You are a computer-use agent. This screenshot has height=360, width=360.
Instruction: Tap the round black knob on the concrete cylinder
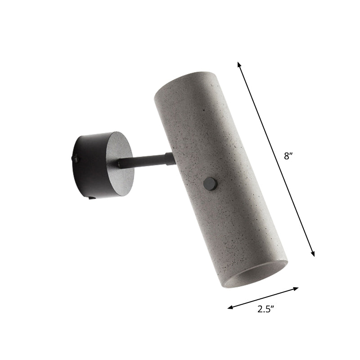[x=209, y=183]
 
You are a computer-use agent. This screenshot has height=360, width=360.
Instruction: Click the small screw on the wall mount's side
[x=76, y=158]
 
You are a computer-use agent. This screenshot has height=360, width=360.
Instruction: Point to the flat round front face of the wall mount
[x=118, y=165]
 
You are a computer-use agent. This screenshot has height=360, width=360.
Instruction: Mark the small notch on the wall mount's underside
[x=92, y=196]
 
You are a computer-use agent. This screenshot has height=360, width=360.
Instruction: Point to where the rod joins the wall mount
[x=120, y=165]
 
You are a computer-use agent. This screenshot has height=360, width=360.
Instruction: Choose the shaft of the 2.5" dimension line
[x=263, y=298]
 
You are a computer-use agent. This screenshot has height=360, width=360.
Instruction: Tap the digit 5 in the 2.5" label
[x=268, y=309]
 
